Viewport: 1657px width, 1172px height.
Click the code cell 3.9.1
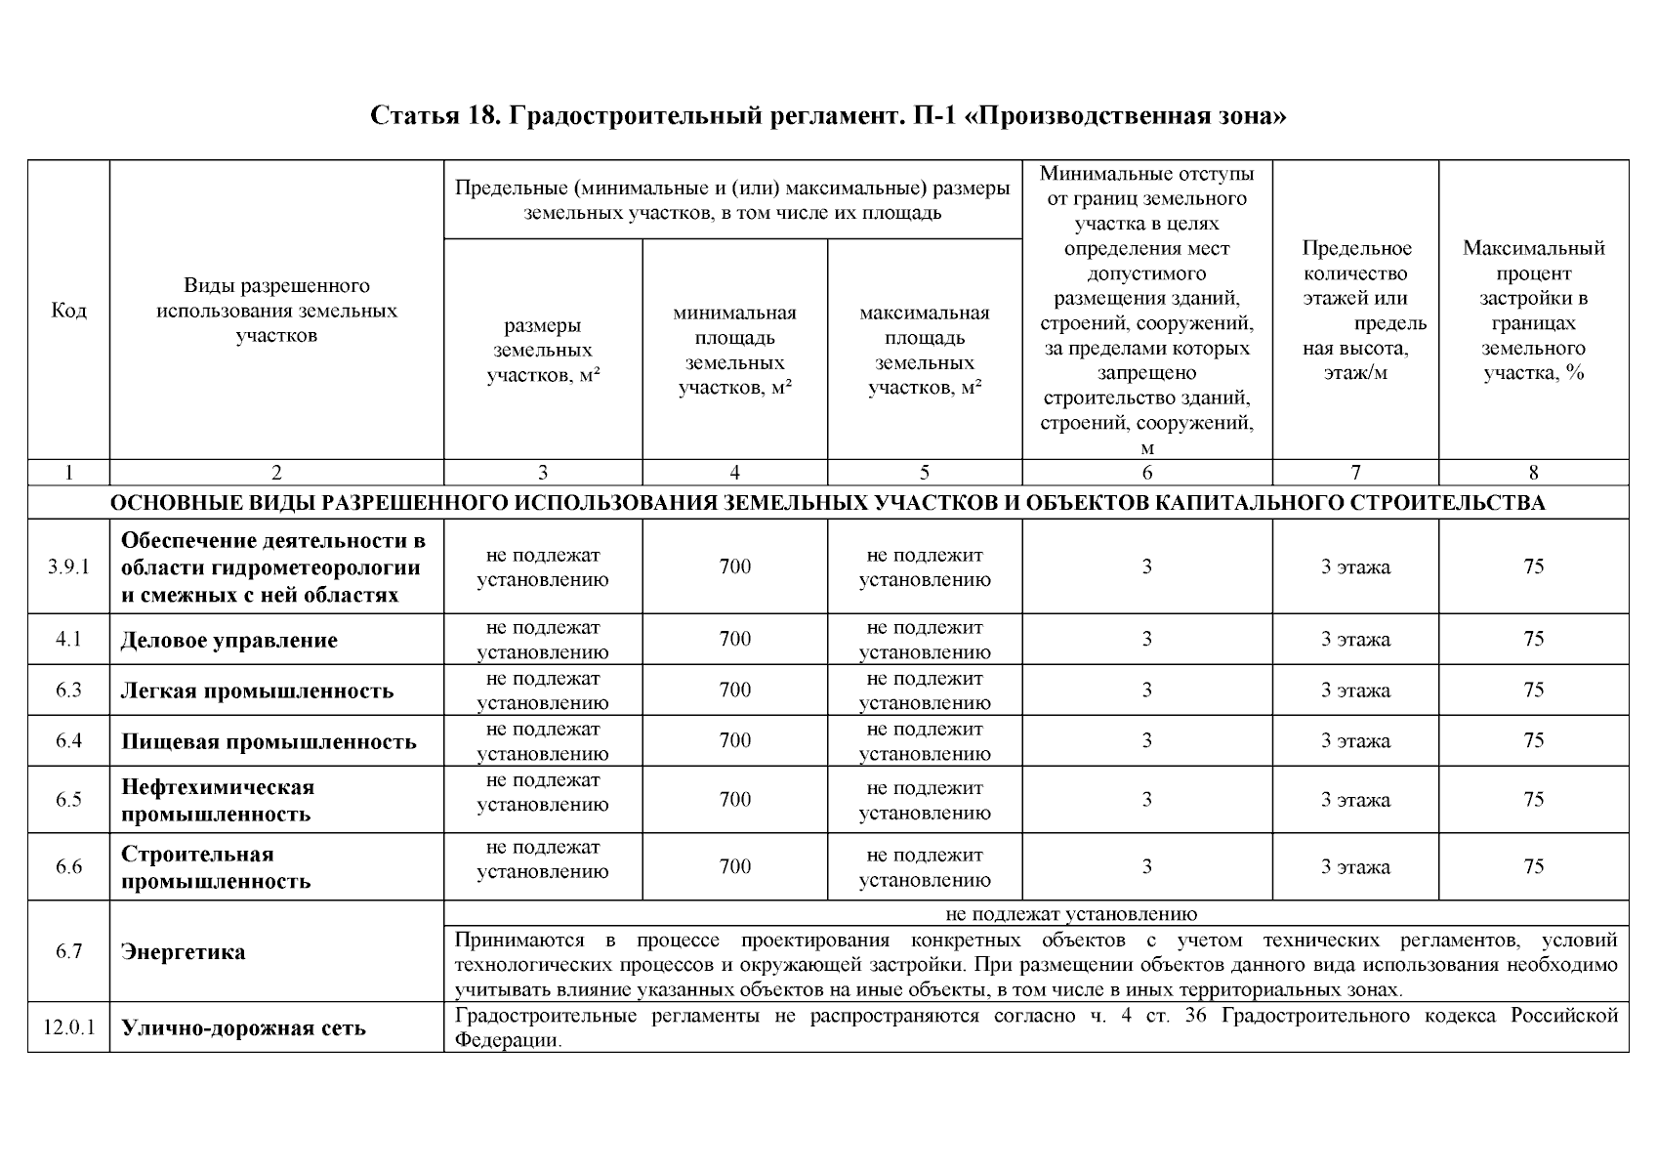tap(68, 567)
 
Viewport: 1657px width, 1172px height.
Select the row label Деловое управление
tap(228, 641)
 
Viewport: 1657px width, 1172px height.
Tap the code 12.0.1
tap(68, 1027)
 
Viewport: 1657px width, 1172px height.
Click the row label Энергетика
tap(183, 952)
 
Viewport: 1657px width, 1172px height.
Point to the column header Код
tap(68, 311)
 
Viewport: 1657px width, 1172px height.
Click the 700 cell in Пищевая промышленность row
tap(734, 741)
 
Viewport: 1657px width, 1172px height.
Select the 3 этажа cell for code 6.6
tap(1354, 867)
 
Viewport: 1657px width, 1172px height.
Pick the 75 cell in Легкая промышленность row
tap(1533, 691)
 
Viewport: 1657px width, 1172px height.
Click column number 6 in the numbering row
tap(1146, 474)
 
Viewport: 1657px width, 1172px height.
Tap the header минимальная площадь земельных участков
tap(734, 351)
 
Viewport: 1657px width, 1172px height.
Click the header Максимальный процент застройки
tap(1533, 311)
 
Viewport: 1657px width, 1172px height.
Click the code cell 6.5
tap(68, 800)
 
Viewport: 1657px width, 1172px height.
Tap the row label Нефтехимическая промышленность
tap(218, 800)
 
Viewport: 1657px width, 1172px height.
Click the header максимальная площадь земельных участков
tap(924, 351)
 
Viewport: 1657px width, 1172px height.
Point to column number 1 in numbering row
tap(68, 474)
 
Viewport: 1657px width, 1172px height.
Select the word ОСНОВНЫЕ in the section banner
tap(167, 504)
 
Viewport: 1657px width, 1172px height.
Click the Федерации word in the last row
tap(509, 1041)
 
